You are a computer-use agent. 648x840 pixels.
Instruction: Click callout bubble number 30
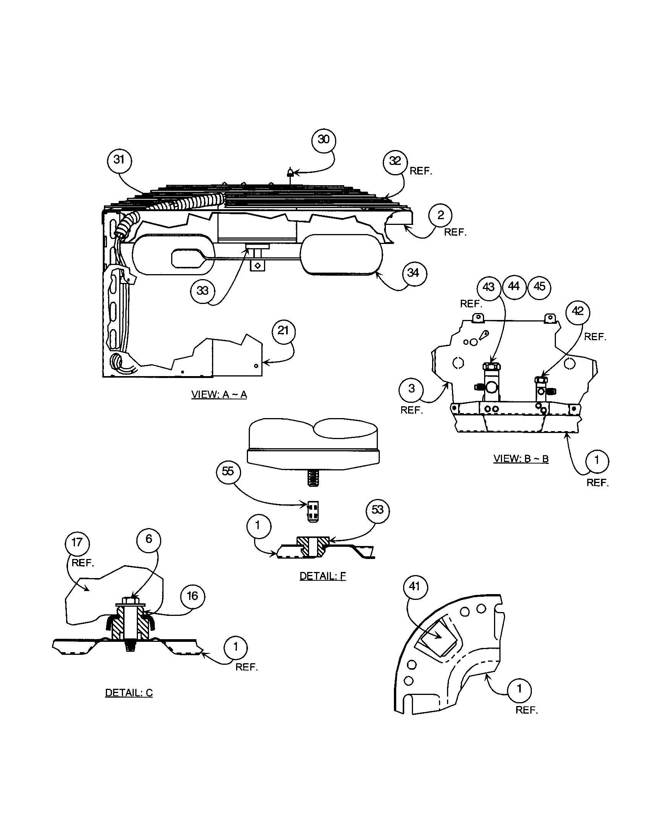323,140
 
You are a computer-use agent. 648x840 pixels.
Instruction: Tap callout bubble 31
119,160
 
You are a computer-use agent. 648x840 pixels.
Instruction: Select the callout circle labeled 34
413,273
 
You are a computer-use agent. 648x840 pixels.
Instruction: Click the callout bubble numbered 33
202,291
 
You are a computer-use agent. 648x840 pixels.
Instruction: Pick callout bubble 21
283,331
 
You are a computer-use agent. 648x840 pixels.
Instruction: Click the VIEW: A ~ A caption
219,395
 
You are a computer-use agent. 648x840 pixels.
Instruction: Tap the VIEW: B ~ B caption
521,459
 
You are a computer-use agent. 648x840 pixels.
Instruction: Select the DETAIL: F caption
322,576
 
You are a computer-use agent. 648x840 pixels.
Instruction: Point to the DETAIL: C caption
129,693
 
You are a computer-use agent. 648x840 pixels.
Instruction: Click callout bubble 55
228,472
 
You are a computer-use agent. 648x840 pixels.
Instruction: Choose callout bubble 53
377,510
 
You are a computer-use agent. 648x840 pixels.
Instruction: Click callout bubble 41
415,587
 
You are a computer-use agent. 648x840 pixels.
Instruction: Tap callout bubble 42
578,312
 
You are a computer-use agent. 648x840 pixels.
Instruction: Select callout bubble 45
539,286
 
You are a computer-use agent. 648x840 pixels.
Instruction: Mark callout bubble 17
77,543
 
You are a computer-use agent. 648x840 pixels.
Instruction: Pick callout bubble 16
192,596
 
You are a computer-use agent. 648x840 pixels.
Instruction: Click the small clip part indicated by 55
313,512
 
